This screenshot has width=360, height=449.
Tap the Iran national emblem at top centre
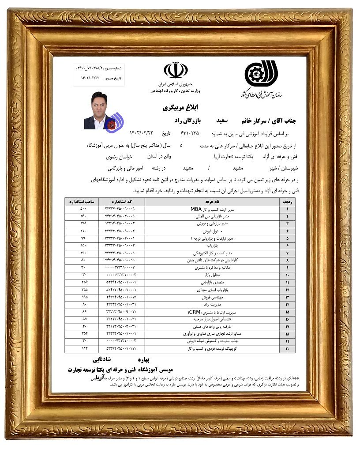[176, 71]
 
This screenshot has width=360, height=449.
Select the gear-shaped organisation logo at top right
[256, 73]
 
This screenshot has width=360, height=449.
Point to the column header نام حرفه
[214, 202]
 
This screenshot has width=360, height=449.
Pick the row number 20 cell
[288, 349]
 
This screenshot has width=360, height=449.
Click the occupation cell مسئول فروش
[214, 231]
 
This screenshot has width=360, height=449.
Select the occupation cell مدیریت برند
[214, 305]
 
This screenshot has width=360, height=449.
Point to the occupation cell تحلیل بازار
[214, 275]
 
